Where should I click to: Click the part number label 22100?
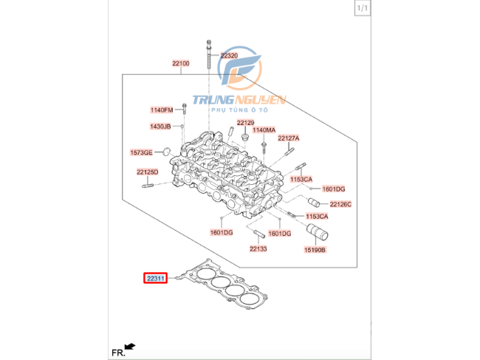pyautogui.click(x=181, y=64)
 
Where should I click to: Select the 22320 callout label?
pyautogui.click(x=229, y=55)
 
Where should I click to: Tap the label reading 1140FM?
pyautogui.click(x=161, y=110)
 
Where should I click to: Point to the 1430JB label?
pyautogui.click(x=160, y=126)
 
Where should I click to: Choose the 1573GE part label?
pyautogui.click(x=141, y=153)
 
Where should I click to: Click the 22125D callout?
pyautogui.click(x=147, y=172)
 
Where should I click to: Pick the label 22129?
pyautogui.click(x=245, y=122)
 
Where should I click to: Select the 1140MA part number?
pyautogui.click(x=264, y=130)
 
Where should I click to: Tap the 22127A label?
pyautogui.click(x=289, y=138)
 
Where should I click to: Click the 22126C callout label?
pyautogui.click(x=340, y=204)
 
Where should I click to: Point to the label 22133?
pyautogui.click(x=258, y=249)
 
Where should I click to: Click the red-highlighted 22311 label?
pyautogui.click(x=156, y=279)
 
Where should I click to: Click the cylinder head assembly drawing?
pyautogui.click(x=225, y=174)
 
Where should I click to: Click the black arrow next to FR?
pyautogui.click(x=130, y=345)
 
